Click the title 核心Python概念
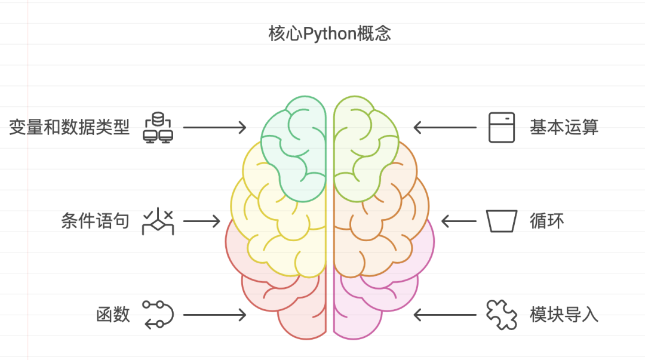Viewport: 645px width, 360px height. tap(330, 33)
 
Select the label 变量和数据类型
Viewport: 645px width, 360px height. tap(69, 127)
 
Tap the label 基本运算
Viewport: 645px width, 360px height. tap(564, 127)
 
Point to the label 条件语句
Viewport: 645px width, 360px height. tap(95, 221)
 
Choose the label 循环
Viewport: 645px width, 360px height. tap(546, 221)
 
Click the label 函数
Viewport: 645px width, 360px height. tap(113, 315)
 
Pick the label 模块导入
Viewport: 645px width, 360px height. tap(564, 315)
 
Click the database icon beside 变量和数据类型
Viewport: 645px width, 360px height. tap(158, 127)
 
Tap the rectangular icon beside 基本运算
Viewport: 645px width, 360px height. tap(501, 127)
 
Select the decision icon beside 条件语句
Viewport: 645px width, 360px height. tap(158, 221)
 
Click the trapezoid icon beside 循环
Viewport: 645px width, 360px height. tap(501, 221)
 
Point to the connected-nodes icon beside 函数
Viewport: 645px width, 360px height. tap(158, 315)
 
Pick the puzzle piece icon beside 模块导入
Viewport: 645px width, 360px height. tap(501, 315)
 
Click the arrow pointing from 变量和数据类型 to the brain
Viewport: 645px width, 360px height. tap(214, 127)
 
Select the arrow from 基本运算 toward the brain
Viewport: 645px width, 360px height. tap(445, 127)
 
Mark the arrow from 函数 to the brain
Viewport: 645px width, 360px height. tap(214, 315)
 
